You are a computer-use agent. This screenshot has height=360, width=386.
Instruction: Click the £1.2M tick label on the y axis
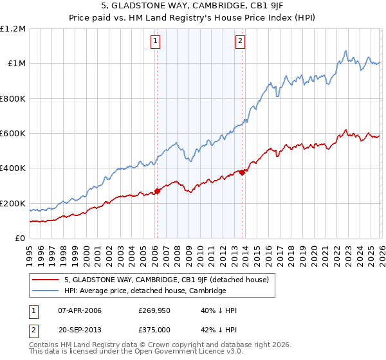[13, 28]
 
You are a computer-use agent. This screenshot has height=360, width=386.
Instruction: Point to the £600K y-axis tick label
[13, 133]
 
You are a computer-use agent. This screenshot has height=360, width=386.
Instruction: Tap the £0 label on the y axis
[19, 238]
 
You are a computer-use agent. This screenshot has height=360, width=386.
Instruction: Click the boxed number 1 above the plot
[156, 41]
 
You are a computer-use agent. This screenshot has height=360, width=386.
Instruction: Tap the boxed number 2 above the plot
[241, 41]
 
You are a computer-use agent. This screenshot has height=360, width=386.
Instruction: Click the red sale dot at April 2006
[157, 191]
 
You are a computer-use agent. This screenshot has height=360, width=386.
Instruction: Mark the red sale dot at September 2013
[242, 172]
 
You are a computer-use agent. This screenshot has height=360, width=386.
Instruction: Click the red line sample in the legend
[46, 280]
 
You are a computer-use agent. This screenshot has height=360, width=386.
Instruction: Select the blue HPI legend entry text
[145, 291]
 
